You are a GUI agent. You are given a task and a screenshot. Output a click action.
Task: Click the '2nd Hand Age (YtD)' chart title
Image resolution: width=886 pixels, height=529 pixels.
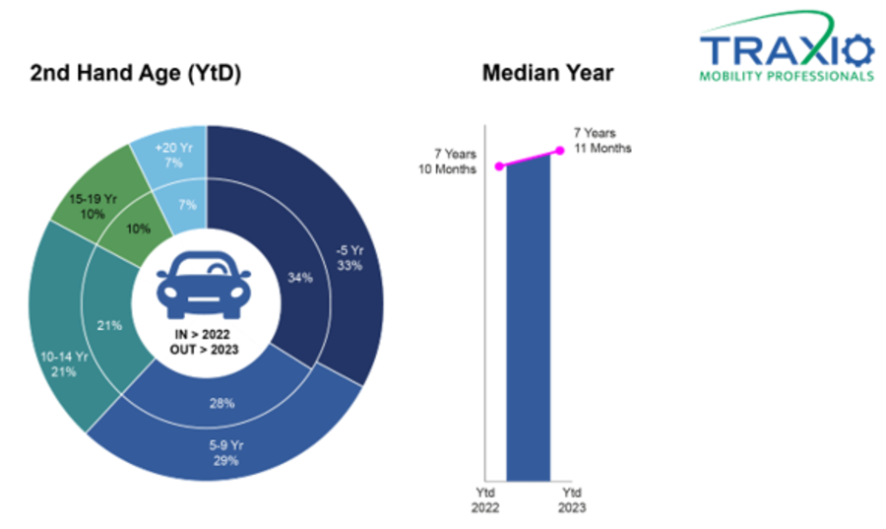[x=136, y=74]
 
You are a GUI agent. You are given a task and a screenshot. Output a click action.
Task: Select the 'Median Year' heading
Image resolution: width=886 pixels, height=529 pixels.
[x=547, y=73]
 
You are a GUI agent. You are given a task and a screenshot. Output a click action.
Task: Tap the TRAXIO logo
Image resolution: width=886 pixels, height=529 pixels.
[x=787, y=46]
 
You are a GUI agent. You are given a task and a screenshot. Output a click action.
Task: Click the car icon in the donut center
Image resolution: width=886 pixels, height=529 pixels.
[x=204, y=286]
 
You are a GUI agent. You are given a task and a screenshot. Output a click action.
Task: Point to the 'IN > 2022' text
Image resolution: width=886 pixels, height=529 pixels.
[x=202, y=335]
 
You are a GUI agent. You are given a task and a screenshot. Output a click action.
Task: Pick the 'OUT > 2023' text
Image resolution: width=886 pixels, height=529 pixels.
[x=204, y=350]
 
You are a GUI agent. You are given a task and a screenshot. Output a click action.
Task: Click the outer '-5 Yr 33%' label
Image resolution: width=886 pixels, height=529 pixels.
[x=349, y=258]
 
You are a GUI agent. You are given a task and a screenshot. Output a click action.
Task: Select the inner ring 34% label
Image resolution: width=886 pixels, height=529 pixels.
[x=300, y=278]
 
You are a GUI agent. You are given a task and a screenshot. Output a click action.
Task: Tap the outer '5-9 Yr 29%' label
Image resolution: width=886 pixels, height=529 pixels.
[x=226, y=453]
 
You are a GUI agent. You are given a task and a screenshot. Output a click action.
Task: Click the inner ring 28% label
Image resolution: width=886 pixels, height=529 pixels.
[x=221, y=403]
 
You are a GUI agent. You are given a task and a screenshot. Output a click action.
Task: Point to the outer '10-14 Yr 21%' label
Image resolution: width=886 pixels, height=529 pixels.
[x=64, y=364]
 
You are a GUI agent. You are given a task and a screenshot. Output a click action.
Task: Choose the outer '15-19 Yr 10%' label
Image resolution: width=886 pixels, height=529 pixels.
[x=93, y=206]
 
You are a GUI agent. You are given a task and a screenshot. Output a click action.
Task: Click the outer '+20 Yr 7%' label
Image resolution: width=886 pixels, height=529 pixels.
[x=173, y=156]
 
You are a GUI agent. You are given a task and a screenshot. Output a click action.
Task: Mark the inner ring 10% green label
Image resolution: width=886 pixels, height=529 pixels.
[x=138, y=229]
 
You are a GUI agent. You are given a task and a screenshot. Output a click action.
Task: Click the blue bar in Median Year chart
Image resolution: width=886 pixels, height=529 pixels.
[x=529, y=317]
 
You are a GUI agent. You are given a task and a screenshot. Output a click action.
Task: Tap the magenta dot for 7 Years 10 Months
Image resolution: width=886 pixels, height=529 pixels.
[x=499, y=166]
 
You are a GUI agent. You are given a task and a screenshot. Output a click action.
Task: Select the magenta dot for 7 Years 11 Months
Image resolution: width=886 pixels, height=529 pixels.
[x=560, y=151]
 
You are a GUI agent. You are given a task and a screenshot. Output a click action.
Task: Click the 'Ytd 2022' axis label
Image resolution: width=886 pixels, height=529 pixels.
[x=485, y=500]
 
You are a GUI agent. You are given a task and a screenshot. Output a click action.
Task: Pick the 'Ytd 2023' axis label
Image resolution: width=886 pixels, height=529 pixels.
[x=572, y=500]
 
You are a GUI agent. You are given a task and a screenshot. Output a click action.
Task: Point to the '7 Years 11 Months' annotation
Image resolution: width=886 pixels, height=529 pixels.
[x=602, y=141]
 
